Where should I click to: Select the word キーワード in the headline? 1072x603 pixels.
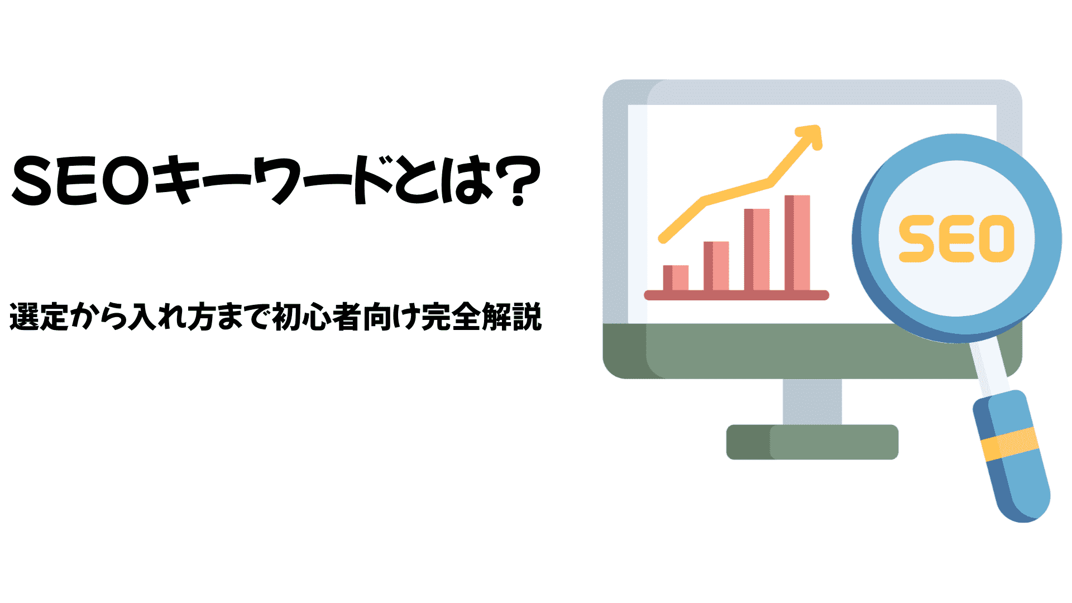[x=273, y=180]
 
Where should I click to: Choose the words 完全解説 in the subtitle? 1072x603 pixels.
[x=481, y=317]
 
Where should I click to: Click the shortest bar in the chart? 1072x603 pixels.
[x=676, y=278]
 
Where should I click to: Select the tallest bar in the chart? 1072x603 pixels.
[x=797, y=243]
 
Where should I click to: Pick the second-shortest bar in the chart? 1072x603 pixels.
[x=716, y=266]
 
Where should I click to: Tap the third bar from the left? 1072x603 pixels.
[x=757, y=250]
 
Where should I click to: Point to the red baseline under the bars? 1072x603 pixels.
[x=736, y=295]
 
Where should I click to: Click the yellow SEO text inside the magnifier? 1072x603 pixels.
[x=956, y=238]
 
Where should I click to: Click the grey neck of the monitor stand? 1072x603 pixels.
[x=812, y=402]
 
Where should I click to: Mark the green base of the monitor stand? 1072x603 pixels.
[x=812, y=442]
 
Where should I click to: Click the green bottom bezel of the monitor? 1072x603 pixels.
[x=782, y=351]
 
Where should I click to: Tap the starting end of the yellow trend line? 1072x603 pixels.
[x=663, y=240]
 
